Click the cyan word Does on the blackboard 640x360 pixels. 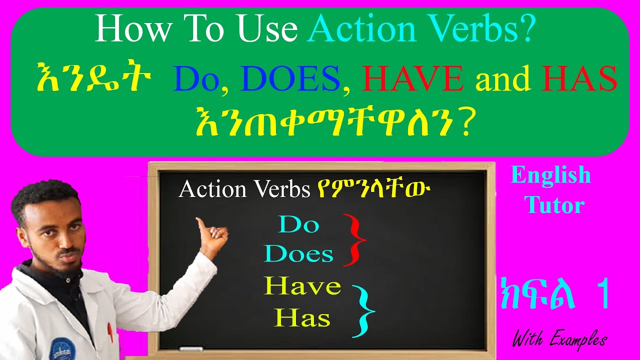coord(298,254)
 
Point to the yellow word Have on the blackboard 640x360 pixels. coord(302,286)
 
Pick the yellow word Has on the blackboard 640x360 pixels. coord(302,318)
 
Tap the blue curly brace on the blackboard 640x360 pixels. coord(364,311)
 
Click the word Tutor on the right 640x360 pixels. coord(555,205)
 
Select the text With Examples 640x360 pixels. coord(559,340)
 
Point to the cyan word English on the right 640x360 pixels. coord(550,175)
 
